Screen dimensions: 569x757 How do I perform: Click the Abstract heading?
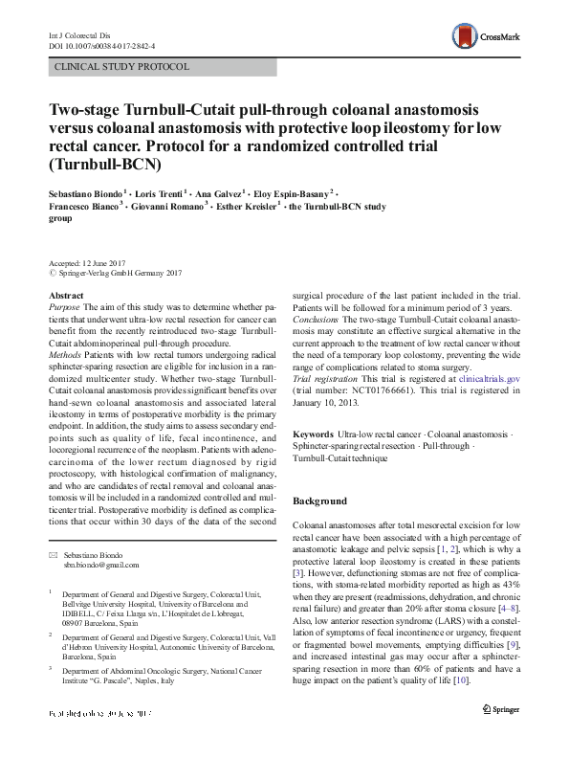[65, 297]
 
